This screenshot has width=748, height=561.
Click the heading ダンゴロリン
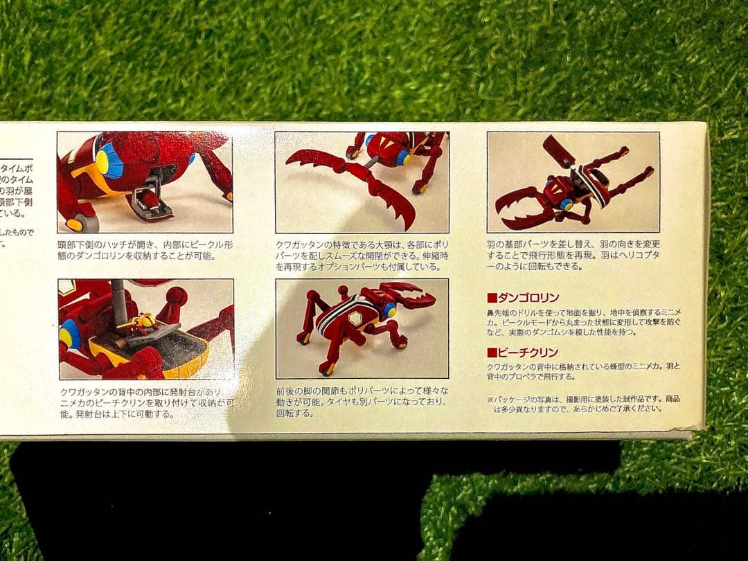528,298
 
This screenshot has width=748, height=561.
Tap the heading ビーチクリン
528,352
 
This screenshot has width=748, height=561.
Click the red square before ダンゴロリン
492,298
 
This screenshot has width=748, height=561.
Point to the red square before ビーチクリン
492,352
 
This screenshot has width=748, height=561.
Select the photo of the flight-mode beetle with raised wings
573,181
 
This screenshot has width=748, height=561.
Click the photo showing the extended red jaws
362,181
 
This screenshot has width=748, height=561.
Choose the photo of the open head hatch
145,181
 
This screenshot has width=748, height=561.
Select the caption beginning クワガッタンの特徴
360,256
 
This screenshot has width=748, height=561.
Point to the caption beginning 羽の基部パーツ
573,256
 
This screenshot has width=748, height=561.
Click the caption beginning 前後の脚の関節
360,402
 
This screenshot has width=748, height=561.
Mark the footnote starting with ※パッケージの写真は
583,403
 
